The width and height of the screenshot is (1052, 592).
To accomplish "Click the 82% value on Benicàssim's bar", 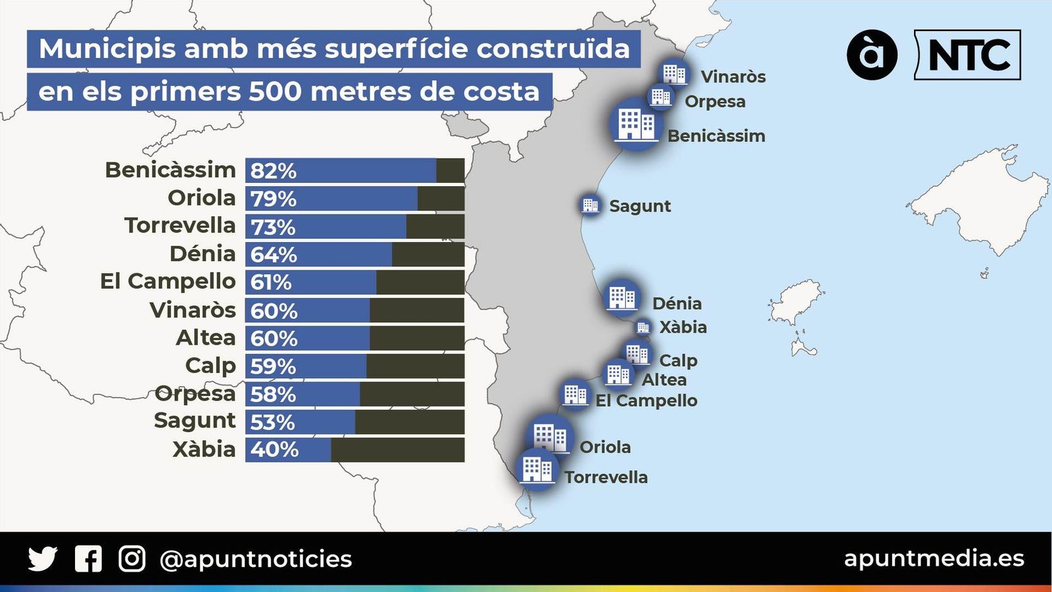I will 273,170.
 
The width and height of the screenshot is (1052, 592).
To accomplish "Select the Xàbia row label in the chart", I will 204,449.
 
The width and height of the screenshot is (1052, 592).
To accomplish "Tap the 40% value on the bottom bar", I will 274,450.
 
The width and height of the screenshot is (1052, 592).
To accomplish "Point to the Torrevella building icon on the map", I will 537,470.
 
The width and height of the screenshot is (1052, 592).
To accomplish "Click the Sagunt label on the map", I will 640,206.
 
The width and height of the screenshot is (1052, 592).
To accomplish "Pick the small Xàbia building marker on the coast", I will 642,327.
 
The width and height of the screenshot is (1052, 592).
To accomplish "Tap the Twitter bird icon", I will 43,559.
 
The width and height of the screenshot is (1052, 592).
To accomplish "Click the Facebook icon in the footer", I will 88,559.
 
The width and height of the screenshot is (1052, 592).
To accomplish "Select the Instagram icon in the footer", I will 131,559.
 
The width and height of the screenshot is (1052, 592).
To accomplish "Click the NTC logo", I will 968,55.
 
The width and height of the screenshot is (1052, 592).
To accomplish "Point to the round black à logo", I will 872,55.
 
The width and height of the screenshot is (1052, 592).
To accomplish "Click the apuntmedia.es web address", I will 934,558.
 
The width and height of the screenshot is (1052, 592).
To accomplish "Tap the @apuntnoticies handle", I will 256,559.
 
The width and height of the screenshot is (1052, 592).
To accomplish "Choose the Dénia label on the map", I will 677,303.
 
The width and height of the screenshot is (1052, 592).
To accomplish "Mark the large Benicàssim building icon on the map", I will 635,124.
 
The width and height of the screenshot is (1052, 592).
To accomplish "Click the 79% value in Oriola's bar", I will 273,199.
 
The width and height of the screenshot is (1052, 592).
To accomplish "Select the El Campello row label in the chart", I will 168,281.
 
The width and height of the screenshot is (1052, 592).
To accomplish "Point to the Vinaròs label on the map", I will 733,77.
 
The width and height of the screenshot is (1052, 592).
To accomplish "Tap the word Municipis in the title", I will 107,49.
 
